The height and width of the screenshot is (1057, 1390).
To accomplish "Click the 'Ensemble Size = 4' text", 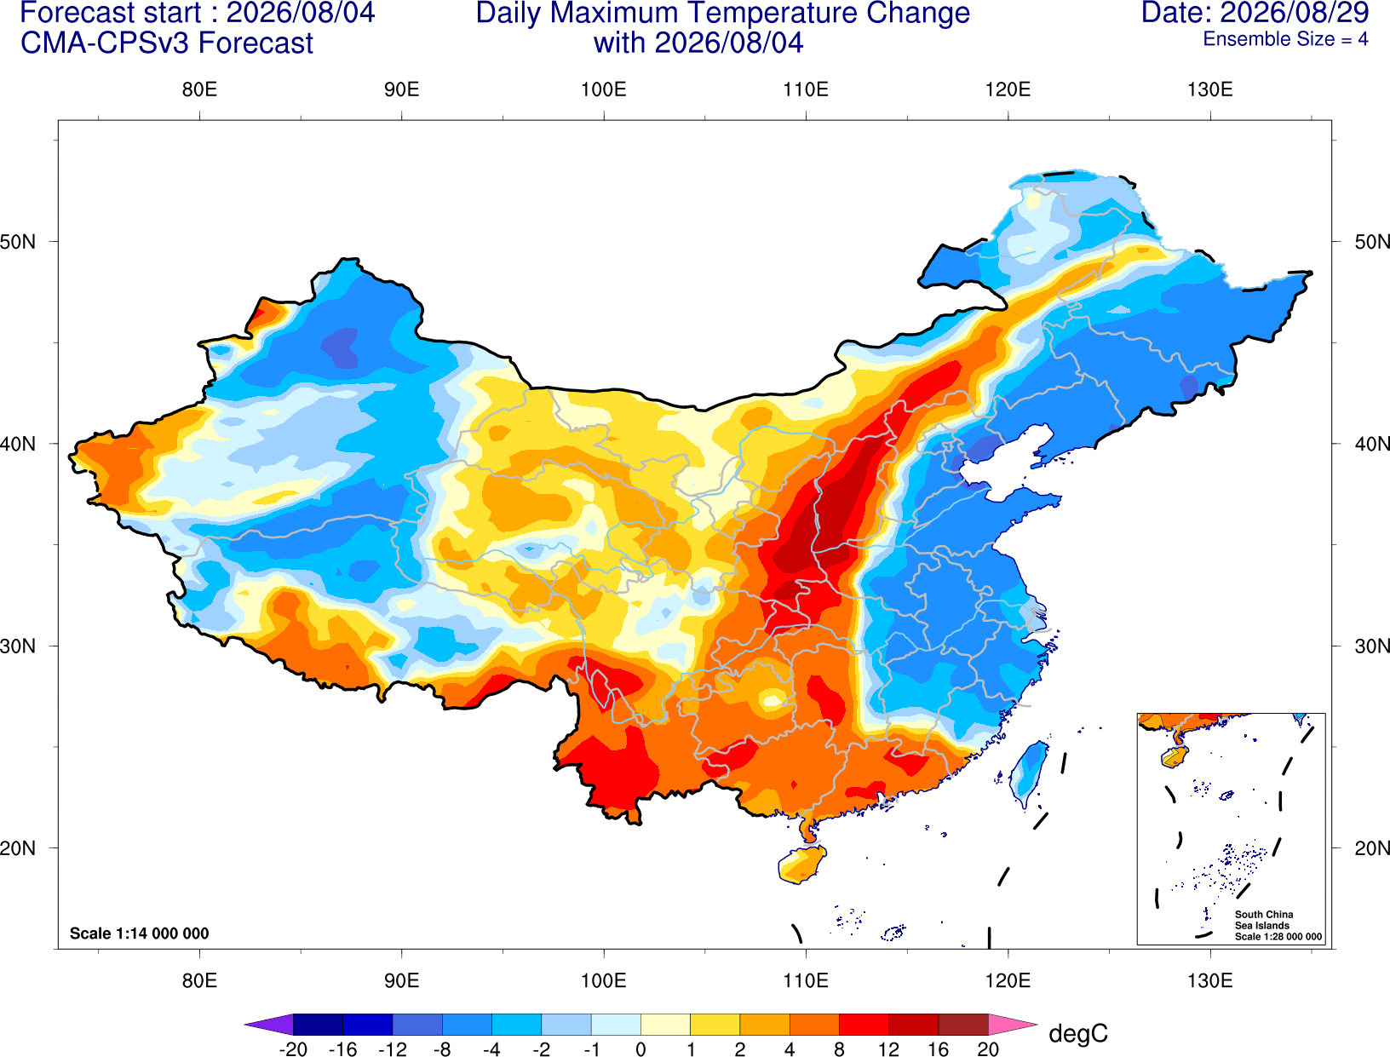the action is point(1285,39).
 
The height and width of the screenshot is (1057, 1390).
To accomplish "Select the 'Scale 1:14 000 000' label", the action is point(139,933).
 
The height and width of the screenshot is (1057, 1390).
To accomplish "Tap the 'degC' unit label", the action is point(1077,1033).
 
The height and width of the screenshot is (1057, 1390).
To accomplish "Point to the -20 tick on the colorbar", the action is point(293,1049).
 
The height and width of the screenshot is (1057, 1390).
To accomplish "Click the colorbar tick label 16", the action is point(938,1049).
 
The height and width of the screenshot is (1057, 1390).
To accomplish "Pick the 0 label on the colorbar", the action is point(640,1049).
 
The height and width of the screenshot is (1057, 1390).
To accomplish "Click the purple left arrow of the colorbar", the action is point(268,1024).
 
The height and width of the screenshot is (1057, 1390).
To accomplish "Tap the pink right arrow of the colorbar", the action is point(1014,1024).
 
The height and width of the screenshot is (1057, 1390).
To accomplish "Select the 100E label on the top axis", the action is point(604,89).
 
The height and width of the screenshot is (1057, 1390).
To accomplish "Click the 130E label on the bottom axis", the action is point(1209,980).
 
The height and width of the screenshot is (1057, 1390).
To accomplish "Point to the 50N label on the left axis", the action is point(18,241).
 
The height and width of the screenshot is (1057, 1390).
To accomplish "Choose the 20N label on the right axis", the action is point(1371,848).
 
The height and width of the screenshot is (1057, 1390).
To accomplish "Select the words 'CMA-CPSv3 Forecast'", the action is point(167,43).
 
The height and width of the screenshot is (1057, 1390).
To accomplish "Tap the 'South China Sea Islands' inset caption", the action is point(1263,920).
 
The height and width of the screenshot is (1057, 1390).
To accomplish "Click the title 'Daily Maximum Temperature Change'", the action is point(722,13).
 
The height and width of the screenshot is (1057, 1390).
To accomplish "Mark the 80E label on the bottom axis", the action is point(199,980).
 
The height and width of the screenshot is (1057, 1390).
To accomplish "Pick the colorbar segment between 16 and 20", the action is point(963,1024).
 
